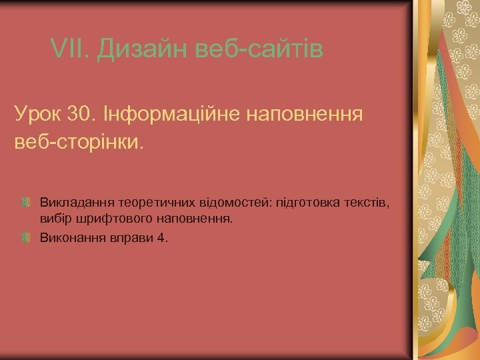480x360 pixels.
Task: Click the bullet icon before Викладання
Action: point(27,201)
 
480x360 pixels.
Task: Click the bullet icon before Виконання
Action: point(27,237)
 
